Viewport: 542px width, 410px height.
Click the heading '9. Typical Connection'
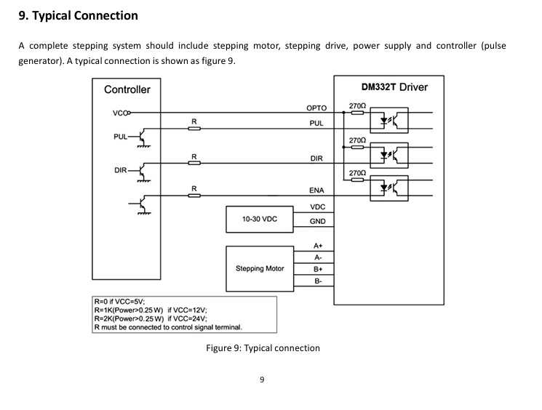[78, 16]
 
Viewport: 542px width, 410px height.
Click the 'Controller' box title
[127, 89]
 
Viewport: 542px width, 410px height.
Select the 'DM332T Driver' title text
[394, 87]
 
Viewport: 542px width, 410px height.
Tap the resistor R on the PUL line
[194, 129]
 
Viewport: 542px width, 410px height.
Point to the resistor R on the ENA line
[194, 196]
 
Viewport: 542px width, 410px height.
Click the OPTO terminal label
[316, 108]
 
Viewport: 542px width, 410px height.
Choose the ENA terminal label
[316, 190]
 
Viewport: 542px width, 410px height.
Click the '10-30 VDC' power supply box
[260, 220]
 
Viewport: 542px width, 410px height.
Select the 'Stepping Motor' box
[260, 269]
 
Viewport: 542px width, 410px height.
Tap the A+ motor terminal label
[318, 246]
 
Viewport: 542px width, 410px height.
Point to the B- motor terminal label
[318, 281]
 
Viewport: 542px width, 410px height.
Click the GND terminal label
[317, 222]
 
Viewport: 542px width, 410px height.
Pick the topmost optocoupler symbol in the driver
[389, 120]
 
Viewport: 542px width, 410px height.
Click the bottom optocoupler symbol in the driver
[389, 188]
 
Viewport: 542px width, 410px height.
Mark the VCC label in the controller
[120, 113]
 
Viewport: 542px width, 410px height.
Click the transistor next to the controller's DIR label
[143, 171]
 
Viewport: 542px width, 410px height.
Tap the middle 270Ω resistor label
[357, 140]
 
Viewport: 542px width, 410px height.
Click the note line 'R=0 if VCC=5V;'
[119, 301]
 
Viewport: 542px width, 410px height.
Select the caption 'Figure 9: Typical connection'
[263, 347]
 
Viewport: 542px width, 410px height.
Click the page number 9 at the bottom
[262, 380]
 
